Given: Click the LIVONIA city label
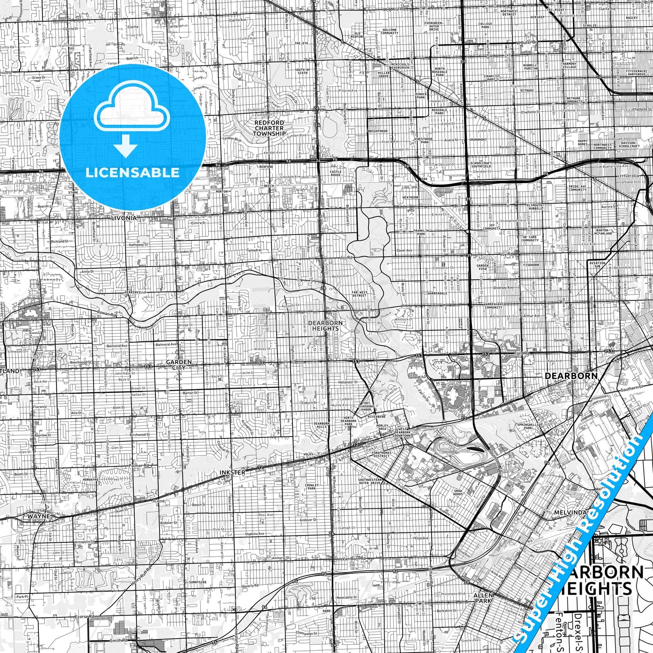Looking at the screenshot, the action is point(123,218).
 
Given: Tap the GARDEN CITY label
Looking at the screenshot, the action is point(179,364).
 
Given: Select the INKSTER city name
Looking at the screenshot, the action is point(232,472).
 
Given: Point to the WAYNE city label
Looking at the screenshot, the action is point(38,516).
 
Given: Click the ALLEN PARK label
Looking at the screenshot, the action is point(483,598).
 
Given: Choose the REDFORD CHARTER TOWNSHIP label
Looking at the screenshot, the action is point(269,128).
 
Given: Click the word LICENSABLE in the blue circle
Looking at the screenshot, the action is point(132,173).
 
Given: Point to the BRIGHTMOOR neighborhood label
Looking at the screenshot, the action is point(377,131).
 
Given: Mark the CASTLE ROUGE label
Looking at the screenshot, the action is point(336,173).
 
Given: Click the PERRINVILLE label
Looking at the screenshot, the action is point(135,292).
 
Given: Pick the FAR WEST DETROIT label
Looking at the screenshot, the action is point(359,294).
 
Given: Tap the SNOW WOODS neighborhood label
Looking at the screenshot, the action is point(458,492).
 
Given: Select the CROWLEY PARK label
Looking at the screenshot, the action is point(311,487).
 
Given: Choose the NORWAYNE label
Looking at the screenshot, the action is point(90,479).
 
